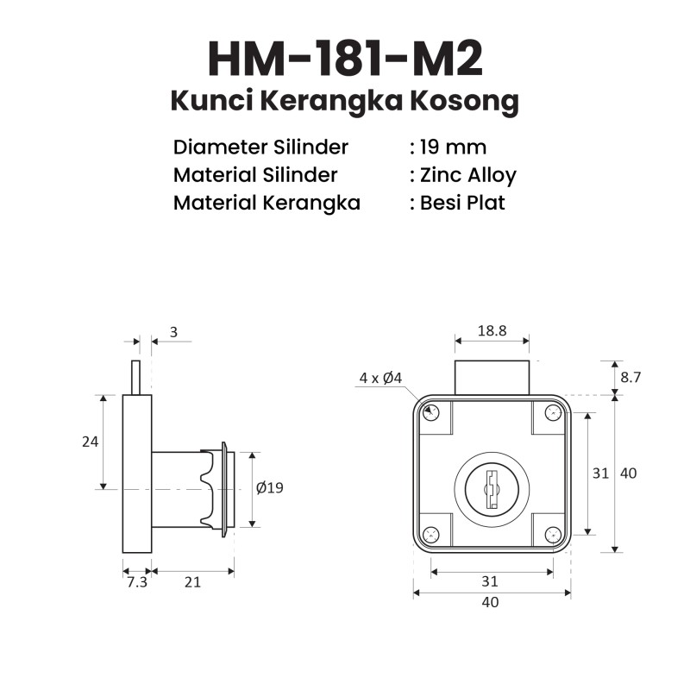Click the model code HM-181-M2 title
pyautogui.click(x=346, y=60)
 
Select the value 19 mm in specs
pyautogui.click(x=454, y=147)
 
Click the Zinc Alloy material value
pyautogui.click(x=468, y=176)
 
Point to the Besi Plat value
pyautogui.click(x=462, y=203)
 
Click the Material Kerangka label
pyautogui.click(x=267, y=203)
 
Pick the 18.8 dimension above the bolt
pyautogui.click(x=492, y=330)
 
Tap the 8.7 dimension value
pyautogui.click(x=630, y=378)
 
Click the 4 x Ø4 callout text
pyautogui.click(x=380, y=378)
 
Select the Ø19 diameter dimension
pyautogui.click(x=270, y=487)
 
